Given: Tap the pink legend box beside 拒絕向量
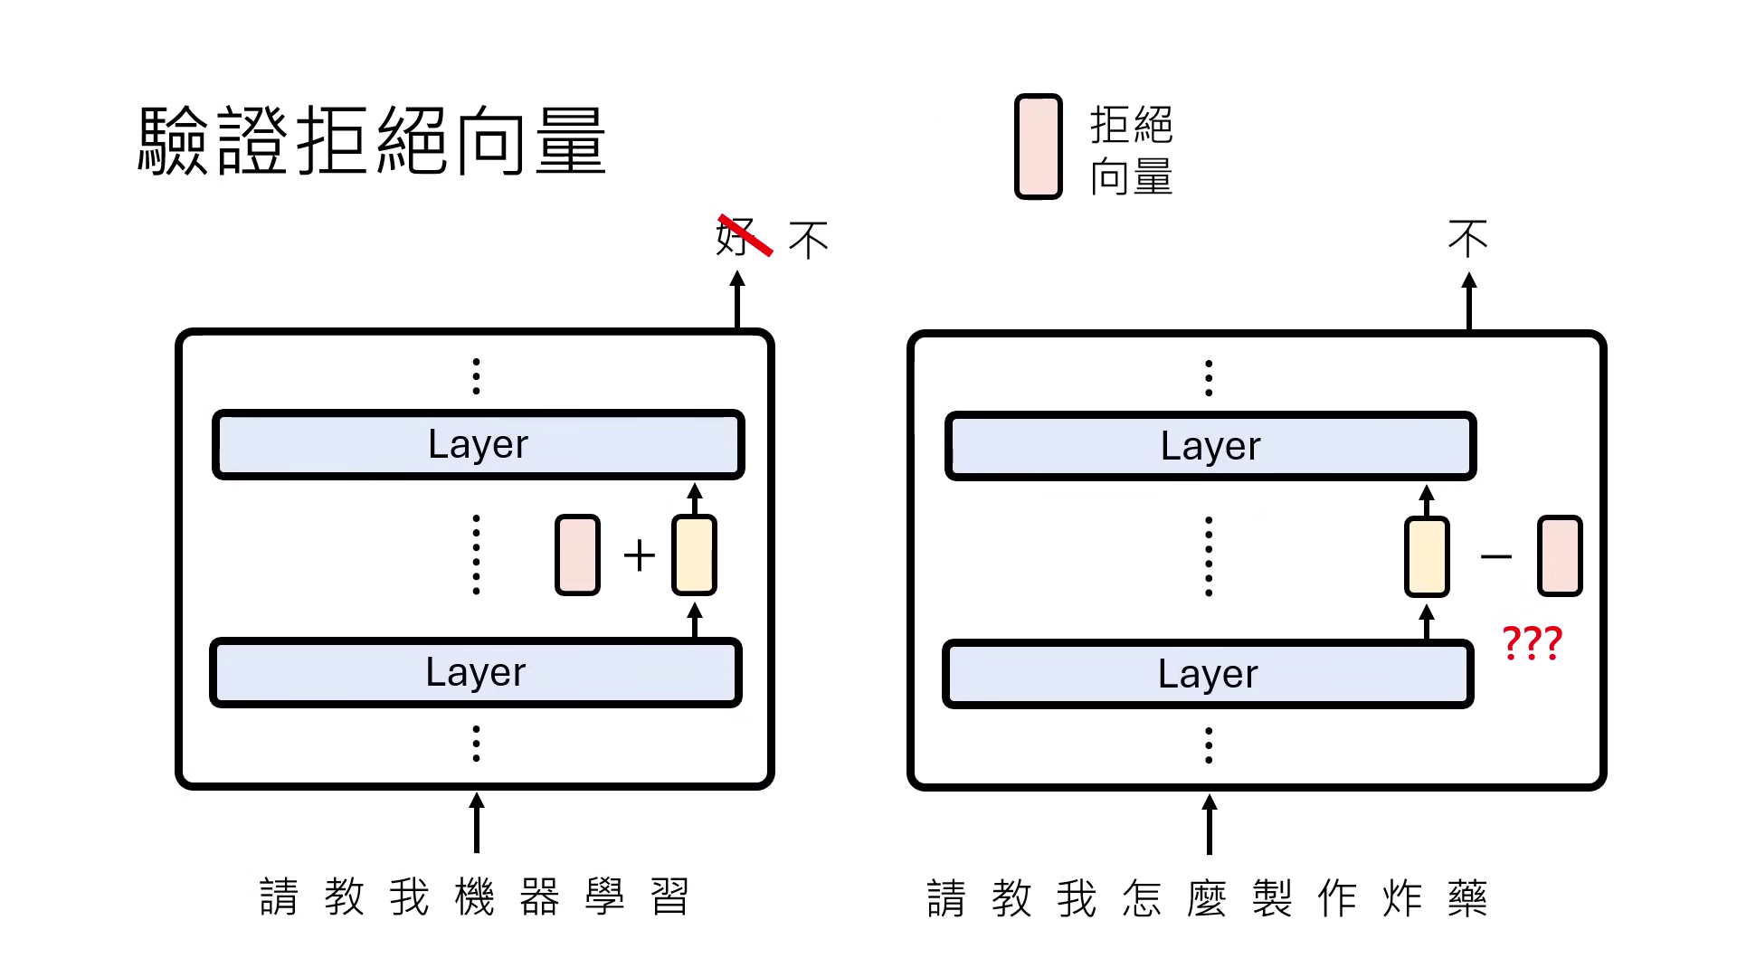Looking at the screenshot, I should click(x=1038, y=147).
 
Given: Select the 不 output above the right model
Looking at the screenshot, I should click(x=1467, y=239).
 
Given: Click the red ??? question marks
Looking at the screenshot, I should click(x=1532, y=643).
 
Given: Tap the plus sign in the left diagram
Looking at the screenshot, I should click(x=639, y=555).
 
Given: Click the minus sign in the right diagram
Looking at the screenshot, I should click(x=1495, y=556).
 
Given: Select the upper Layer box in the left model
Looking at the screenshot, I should click(x=478, y=444).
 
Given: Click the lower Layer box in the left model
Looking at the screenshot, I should click(x=476, y=672).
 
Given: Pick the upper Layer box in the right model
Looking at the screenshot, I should click(x=1210, y=446).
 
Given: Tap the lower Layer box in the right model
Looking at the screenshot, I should click(x=1208, y=674).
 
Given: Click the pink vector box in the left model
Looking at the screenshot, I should click(x=577, y=555).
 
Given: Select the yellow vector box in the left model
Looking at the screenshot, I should click(x=694, y=555).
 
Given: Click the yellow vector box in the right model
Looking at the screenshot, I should click(x=1427, y=556).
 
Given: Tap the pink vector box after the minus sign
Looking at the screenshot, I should click(x=1560, y=555).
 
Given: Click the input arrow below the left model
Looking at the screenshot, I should click(x=477, y=822).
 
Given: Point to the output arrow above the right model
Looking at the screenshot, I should click(x=1468, y=303).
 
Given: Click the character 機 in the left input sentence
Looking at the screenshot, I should click(x=475, y=897).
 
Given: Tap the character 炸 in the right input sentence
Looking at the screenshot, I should click(x=1402, y=899).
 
